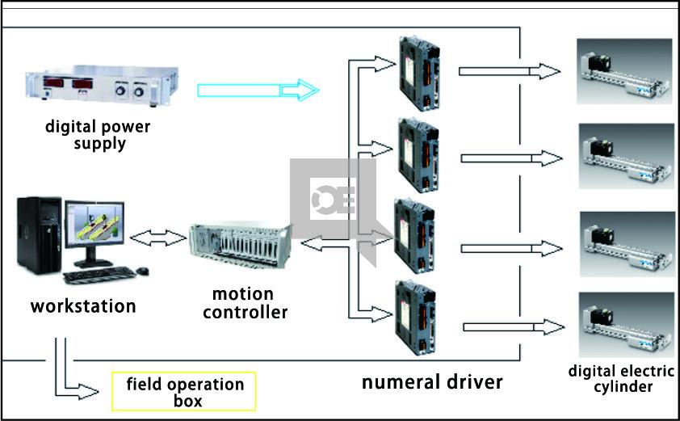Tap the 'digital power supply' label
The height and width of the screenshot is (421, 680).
[98, 135]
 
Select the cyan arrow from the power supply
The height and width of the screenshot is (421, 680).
[257, 89]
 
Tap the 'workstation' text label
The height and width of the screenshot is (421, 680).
[83, 307]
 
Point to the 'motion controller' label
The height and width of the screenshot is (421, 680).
[245, 302]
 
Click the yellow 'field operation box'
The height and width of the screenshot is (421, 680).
[184, 391]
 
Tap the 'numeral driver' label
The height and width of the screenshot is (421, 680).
[431, 381]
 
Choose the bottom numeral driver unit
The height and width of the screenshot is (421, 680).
[416, 318]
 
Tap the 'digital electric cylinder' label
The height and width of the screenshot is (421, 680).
[621, 379]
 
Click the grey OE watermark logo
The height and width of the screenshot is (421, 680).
[334, 201]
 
